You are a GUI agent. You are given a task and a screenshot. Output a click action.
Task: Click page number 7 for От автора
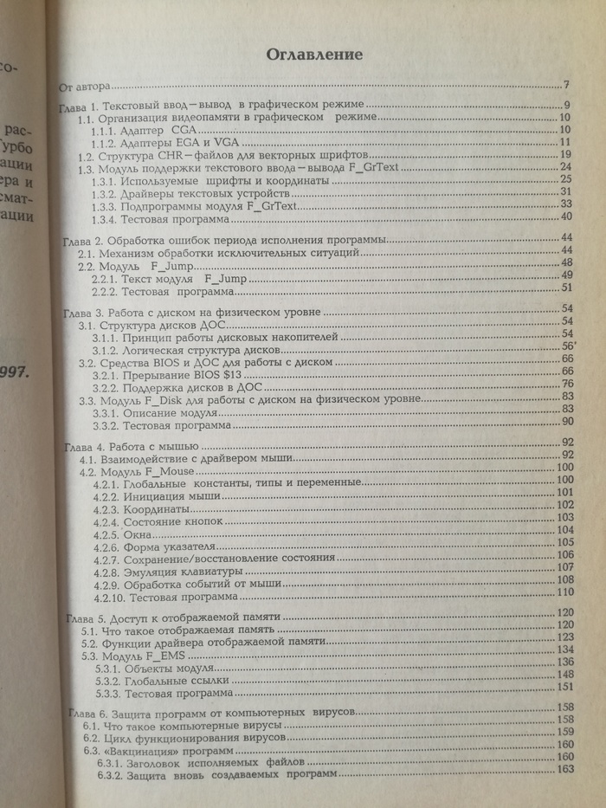564,85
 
